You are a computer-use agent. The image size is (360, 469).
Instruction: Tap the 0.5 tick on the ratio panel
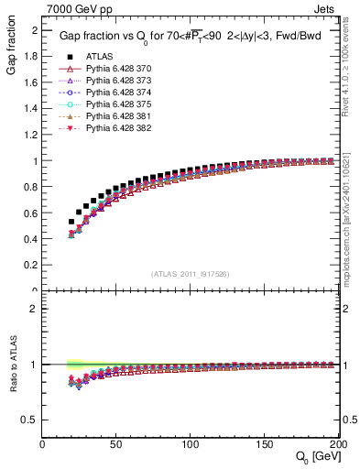[x=32, y=420]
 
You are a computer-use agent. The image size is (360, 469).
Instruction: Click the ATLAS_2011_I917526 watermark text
[x=191, y=274]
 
